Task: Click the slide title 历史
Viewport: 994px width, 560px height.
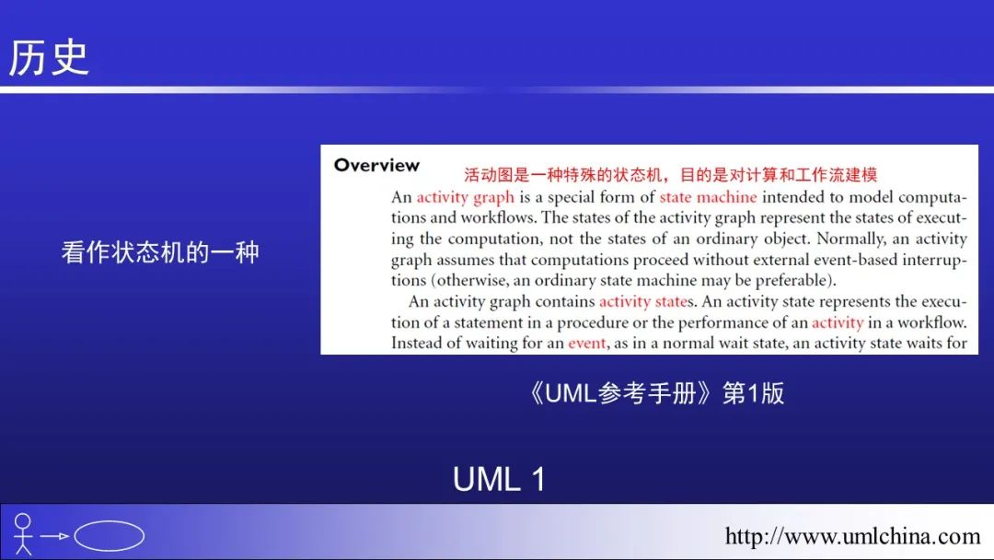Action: tap(49, 57)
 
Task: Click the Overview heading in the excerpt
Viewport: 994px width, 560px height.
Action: tap(376, 166)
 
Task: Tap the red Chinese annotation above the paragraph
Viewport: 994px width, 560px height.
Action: tap(670, 173)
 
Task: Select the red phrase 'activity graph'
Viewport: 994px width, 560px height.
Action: tap(465, 197)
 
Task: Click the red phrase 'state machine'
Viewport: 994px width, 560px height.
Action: tap(708, 197)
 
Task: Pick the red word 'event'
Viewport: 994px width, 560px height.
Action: tap(586, 344)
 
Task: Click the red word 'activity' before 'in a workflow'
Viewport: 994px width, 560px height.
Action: tap(838, 322)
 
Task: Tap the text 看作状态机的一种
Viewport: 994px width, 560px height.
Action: tap(161, 252)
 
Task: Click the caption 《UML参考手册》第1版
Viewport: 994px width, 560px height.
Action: tap(656, 393)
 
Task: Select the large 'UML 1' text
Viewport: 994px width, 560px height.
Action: tap(499, 479)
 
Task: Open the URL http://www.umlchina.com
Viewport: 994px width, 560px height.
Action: tap(852, 536)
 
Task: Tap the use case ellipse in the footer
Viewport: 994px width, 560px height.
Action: tap(109, 536)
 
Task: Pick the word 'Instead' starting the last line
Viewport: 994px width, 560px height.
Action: tap(418, 344)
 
